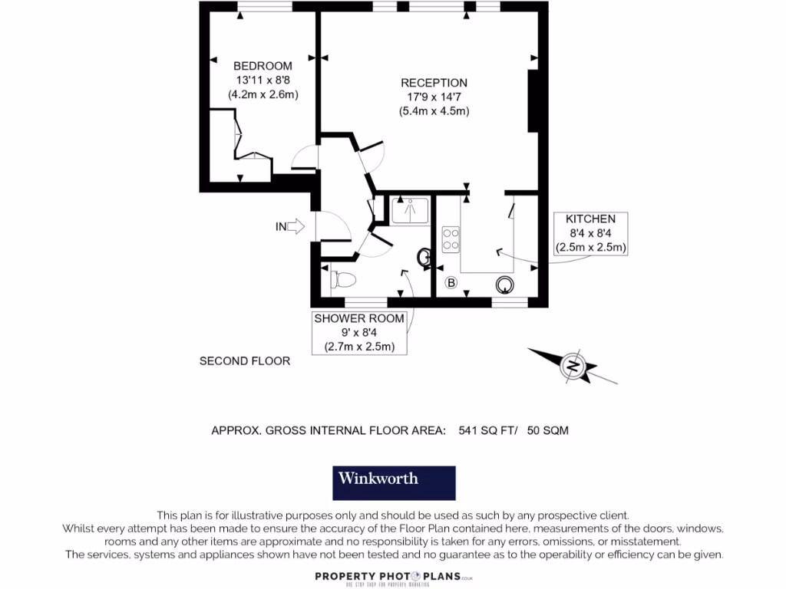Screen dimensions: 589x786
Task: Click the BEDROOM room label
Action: click(x=263, y=66)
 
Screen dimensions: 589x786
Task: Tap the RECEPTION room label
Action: click(x=434, y=83)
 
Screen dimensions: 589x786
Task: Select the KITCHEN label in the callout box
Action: click(x=590, y=219)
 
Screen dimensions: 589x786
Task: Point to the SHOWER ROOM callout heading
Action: click(x=358, y=318)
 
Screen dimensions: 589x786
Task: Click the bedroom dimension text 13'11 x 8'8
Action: click(x=263, y=80)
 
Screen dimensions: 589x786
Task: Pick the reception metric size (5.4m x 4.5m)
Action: click(x=434, y=111)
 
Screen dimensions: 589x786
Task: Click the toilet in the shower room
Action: click(x=342, y=280)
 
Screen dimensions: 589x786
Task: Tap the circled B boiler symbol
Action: click(x=451, y=284)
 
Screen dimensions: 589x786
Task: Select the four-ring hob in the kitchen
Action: click(x=451, y=239)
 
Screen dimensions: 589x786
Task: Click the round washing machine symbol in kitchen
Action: click(x=504, y=285)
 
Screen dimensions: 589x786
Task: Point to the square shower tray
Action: click(x=411, y=210)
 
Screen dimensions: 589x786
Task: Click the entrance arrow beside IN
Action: click(x=299, y=226)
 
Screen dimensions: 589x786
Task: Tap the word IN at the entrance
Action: click(x=281, y=226)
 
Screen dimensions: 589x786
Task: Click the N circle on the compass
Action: click(x=573, y=367)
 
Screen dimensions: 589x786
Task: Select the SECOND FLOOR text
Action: click(x=245, y=360)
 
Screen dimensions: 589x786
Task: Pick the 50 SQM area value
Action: click(x=548, y=431)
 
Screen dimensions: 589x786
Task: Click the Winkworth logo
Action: click(x=393, y=482)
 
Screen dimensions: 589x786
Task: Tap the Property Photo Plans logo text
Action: click(x=392, y=577)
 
